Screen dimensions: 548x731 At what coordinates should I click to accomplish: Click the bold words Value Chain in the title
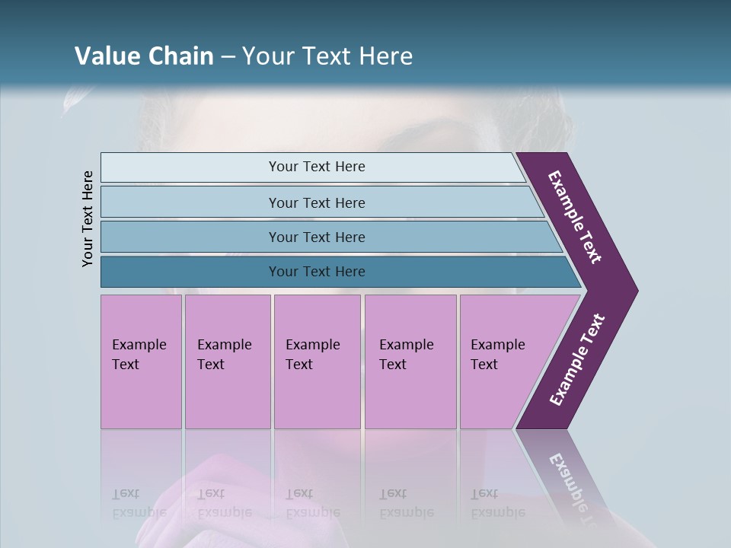(144, 56)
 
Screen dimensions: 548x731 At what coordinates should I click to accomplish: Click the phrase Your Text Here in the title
(327, 56)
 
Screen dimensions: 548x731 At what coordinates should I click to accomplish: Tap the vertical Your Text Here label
(88, 218)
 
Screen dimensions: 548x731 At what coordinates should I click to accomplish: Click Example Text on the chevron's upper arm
(575, 218)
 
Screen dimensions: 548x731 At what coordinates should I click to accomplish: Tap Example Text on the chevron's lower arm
(577, 360)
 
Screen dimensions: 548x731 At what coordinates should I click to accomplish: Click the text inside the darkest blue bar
(317, 272)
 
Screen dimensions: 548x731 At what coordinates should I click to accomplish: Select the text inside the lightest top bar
(317, 167)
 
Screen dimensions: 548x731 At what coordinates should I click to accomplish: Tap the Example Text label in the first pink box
(139, 355)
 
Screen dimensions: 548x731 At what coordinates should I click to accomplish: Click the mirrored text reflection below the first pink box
(139, 503)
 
